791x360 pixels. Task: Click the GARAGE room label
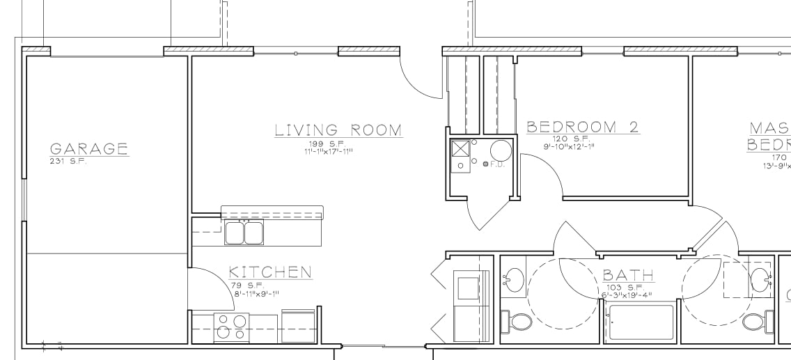[89, 148]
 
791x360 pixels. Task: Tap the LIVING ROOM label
[338, 130]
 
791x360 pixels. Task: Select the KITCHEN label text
[270, 272]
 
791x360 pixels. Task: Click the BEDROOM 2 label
[583, 127]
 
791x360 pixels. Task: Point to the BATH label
[628, 275]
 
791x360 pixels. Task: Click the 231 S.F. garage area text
[68, 161]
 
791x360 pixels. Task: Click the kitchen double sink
[244, 233]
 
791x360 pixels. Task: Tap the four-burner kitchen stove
[232, 326]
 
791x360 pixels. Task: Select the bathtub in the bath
[641, 322]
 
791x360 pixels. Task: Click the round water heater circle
[501, 150]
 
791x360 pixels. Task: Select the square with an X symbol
[460, 149]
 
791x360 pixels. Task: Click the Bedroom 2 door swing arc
[543, 174]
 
